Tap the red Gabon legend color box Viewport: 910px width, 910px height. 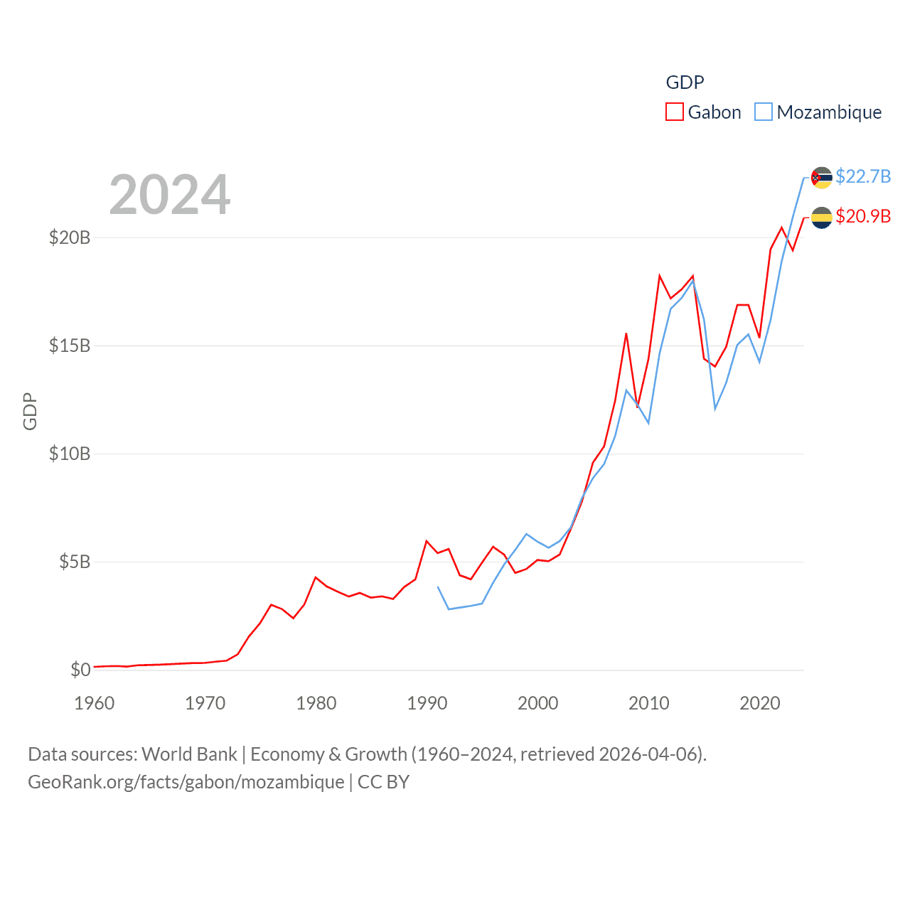[x=674, y=112]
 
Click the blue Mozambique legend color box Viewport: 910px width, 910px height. [x=763, y=112]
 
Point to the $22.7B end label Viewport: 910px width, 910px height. [x=863, y=176]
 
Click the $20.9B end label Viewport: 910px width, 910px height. [x=863, y=216]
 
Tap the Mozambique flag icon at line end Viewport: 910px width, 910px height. [x=822, y=178]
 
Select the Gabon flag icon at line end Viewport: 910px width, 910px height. [x=822, y=218]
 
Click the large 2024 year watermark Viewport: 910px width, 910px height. [x=170, y=194]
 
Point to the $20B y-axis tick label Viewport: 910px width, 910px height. [x=70, y=237]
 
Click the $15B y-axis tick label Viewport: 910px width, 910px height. [x=70, y=346]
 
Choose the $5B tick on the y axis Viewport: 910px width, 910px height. [x=75, y=562]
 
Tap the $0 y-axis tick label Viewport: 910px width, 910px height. [x=80, y=670]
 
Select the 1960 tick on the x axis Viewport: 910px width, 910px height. [x=95, y=703]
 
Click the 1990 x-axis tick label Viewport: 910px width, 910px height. [x=427, y=703]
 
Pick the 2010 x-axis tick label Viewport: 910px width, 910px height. [x=649, y=703]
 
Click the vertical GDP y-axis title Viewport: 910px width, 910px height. [x=30, y=411]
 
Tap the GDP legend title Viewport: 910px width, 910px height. [x=685, y=82]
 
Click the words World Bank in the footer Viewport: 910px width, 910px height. [x=189, y=754]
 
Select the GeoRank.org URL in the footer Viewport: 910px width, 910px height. [x=186, y=782]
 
